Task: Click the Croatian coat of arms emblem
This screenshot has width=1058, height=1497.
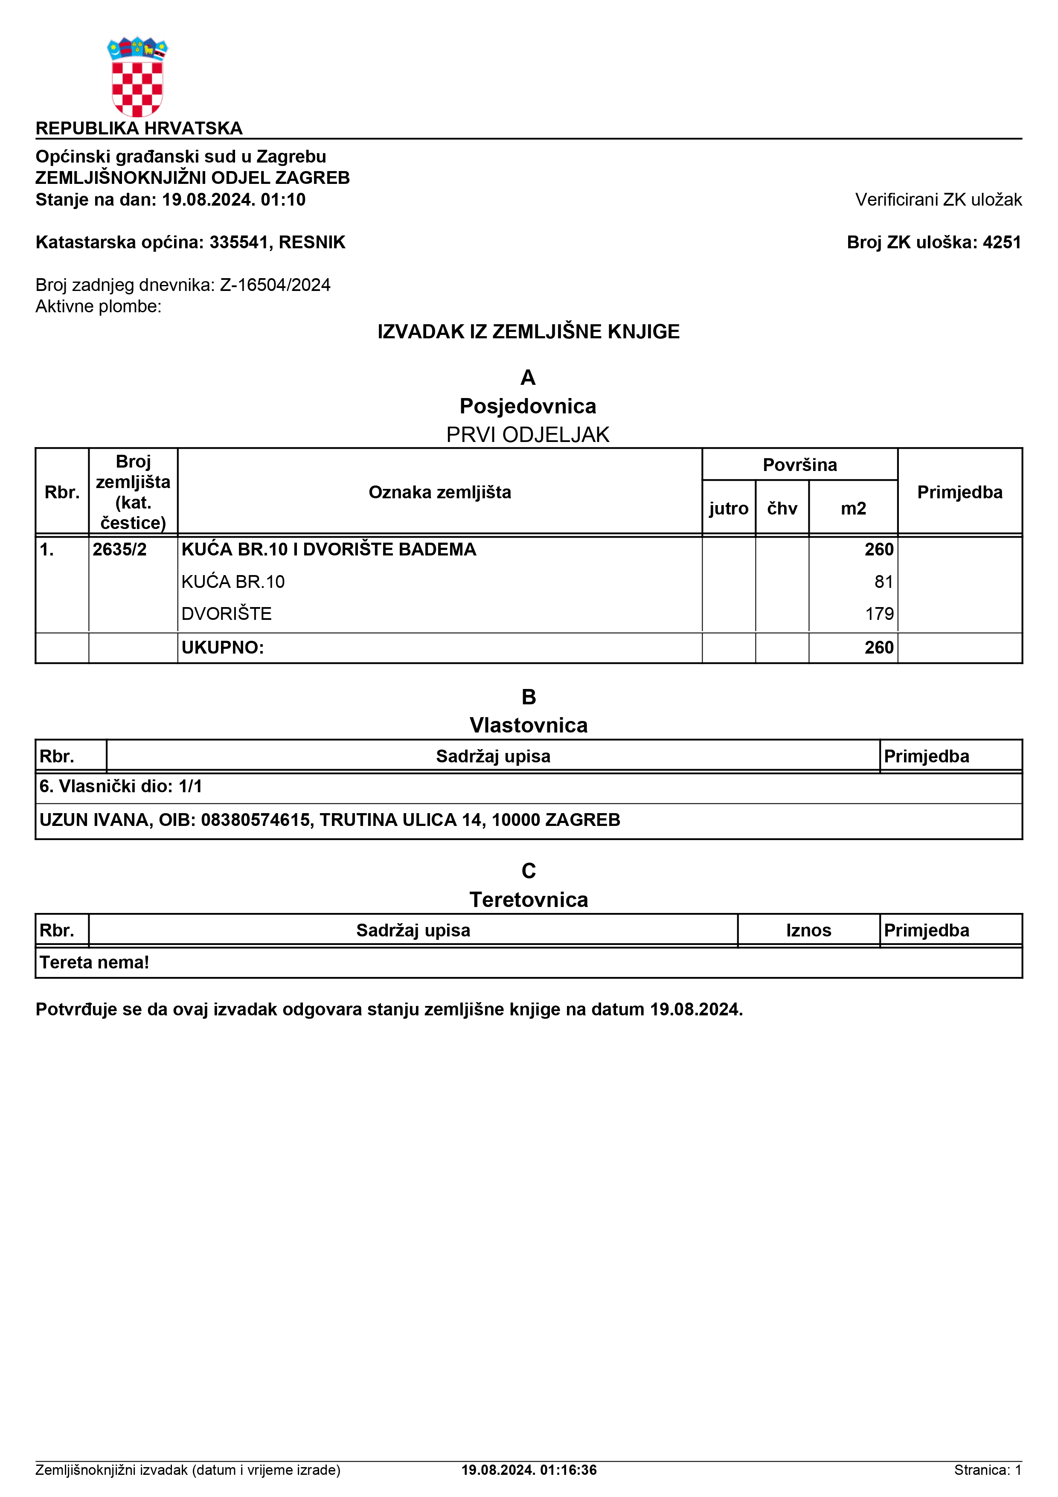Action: click(x=137, y=77)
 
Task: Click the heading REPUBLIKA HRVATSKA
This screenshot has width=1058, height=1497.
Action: click(x=139, y=128)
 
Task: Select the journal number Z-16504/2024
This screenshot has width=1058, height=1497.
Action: click(x=275, y=285)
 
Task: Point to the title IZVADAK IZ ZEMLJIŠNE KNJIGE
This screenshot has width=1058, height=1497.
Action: click(x=528, y=332)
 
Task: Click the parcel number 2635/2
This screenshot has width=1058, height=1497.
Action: click(x=119, y=549)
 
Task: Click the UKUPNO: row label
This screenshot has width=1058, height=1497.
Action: click(x=222, y=648)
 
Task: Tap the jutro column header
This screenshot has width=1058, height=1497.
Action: click(x=728, y=509)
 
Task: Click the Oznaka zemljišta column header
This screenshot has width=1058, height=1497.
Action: click(x=439, y=492)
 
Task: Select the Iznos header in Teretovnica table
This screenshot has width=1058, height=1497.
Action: click(x=808, y=930)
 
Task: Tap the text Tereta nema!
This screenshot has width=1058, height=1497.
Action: click(x=95, y=962)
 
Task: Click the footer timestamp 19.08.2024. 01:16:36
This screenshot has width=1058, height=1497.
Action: click(x=529, y=1470)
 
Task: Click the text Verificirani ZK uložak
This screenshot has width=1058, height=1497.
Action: click(x=938, y=200)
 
